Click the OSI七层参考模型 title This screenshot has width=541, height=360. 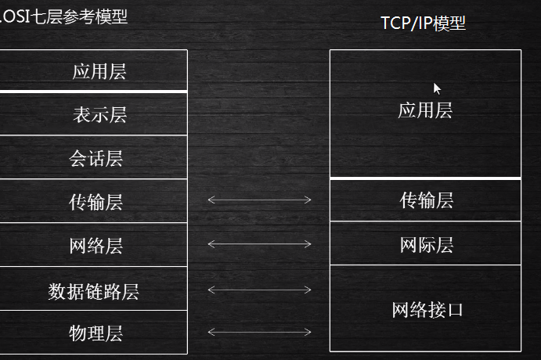65,16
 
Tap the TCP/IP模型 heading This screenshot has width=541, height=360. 423,23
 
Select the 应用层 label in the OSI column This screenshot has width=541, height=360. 99,72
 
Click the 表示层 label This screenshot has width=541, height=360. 99,115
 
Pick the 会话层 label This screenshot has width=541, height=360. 96,160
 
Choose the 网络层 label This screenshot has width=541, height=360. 96,247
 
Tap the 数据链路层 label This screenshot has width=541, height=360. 93,292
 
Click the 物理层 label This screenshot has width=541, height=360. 96,334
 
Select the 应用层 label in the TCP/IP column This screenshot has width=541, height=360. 425,110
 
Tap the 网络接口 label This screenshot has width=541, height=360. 427,310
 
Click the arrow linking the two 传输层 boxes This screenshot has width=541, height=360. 259,200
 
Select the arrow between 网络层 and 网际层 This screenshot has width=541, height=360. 259,244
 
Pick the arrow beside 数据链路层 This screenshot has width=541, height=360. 259,290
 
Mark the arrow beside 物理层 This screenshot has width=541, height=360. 259,332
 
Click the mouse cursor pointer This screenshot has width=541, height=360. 437,88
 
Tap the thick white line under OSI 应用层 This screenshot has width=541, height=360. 93,92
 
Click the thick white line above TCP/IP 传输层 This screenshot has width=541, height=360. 425,178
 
